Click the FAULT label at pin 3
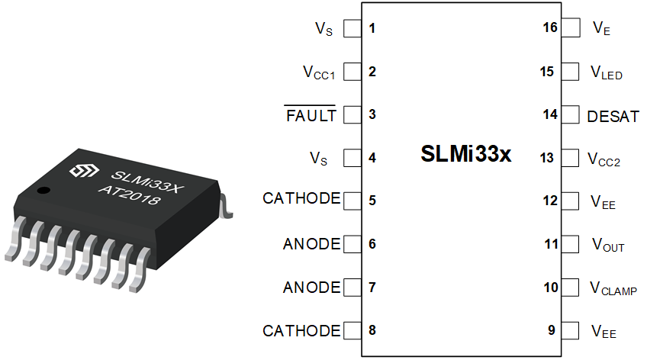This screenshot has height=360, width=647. [311, 115]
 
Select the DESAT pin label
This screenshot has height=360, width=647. [613, 117]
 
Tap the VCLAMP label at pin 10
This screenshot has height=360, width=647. [613, 288]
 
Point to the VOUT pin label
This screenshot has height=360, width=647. [608, 245]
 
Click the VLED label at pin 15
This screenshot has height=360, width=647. [607, 72]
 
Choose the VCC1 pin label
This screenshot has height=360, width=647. [319, 72]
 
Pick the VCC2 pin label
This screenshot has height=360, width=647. [604, 159]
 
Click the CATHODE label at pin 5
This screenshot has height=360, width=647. [301, 198]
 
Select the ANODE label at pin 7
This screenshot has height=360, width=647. [312, 288]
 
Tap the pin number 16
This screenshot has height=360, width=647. [550, 27]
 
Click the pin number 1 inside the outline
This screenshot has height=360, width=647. [372, 28]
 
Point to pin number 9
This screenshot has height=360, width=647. [552, 330]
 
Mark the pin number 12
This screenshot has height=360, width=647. [550, 201]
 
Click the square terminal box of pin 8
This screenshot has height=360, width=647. [352, 330]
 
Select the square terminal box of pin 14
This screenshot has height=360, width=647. [570, 114]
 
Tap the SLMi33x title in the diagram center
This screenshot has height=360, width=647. [466, 153]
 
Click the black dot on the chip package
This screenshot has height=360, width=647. [43, 191]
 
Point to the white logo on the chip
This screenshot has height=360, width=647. [84, 170]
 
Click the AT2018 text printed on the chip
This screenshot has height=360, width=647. [129, 194]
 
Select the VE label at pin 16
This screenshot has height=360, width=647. [601, 28]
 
